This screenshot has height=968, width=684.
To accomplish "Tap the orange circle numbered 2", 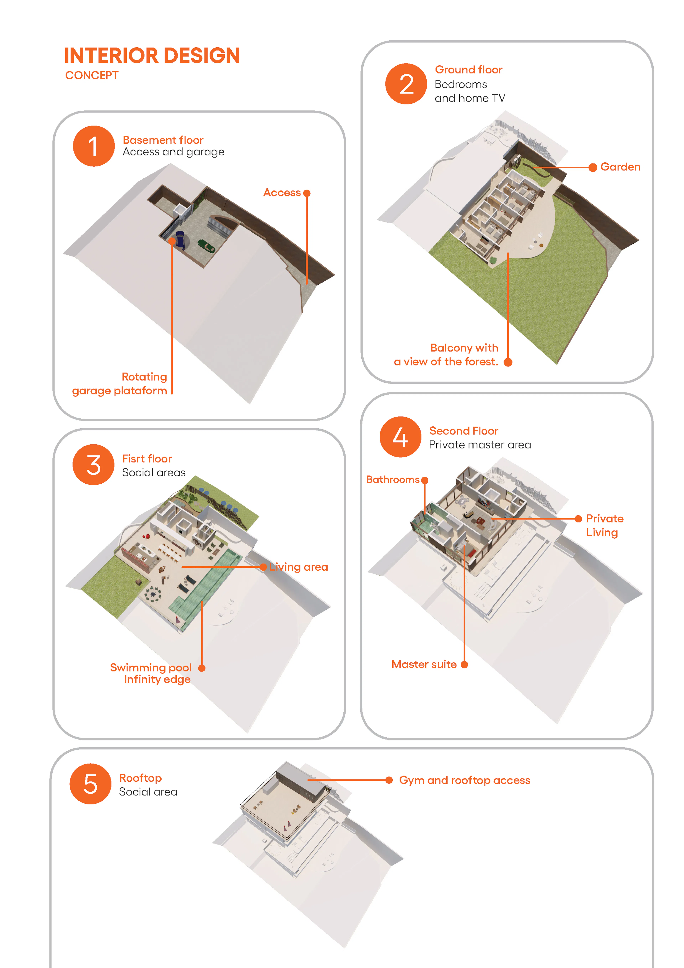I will (406, 84).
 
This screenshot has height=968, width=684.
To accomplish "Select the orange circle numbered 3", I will (93, 465).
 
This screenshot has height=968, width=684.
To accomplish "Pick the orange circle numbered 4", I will (400, 437).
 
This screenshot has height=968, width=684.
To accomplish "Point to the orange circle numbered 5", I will (90, 784).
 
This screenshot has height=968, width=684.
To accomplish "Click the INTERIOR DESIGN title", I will (152, 56).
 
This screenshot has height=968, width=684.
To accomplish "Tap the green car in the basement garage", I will (206, 246).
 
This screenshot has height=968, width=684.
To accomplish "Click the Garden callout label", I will (620, 167).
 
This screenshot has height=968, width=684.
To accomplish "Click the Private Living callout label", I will (604, 525).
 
